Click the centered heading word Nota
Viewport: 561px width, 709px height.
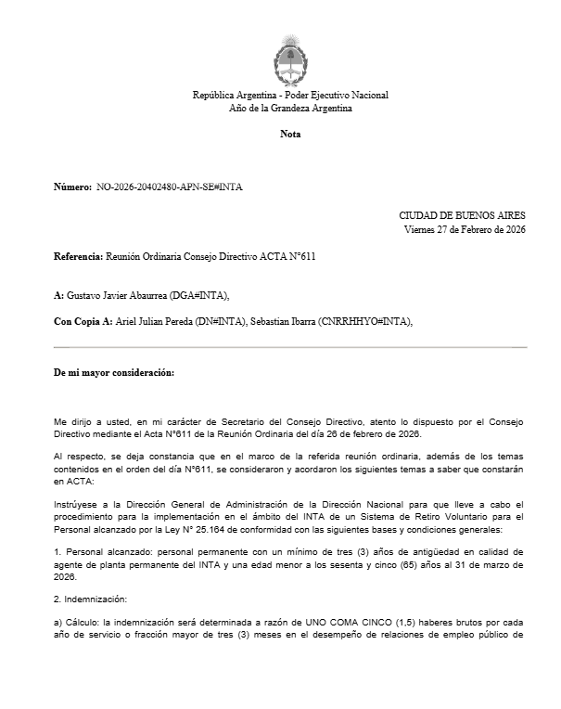(290, 135)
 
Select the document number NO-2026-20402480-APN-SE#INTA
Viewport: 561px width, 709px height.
(170, 187)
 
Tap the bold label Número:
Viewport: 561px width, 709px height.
(72, 187)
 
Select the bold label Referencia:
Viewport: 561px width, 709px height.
(79, 255)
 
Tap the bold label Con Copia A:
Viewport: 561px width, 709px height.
(83, 321)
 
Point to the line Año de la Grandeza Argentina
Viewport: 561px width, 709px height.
(290, 109)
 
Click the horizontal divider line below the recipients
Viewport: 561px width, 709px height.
(290, 347)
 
